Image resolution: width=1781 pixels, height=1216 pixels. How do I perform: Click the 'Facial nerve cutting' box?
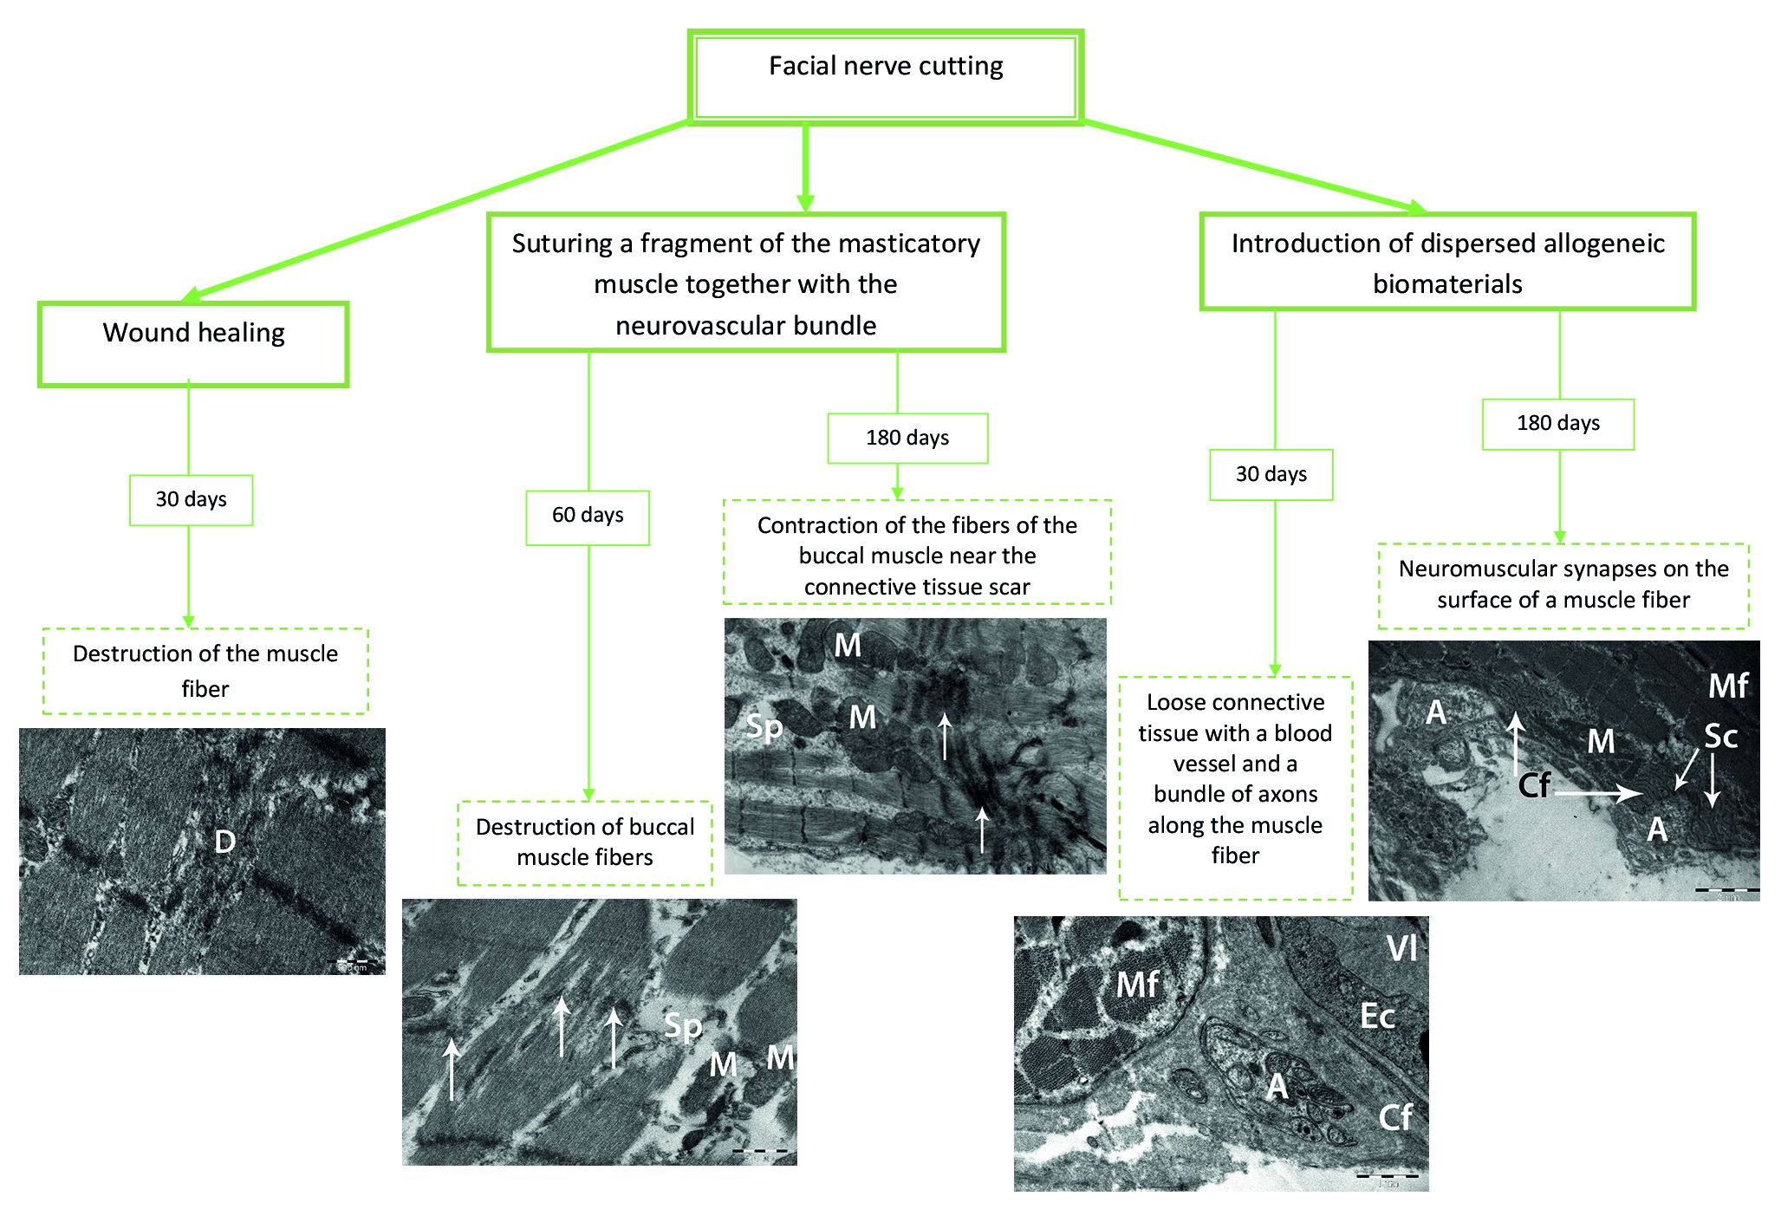point(886,77)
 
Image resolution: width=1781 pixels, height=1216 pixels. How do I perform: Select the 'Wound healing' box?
point(193,343)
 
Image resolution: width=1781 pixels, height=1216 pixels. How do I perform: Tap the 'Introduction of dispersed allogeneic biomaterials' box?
point(1447,262)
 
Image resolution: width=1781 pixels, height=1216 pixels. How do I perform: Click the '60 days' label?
point(588,517)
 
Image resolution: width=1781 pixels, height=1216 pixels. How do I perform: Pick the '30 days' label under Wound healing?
point(191,500)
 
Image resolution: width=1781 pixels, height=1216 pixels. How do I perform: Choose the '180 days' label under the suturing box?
point(907,439)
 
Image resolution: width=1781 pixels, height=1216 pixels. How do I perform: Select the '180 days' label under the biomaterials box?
point(1558,424)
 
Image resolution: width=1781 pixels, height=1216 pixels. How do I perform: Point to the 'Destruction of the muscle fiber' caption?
point(205,671)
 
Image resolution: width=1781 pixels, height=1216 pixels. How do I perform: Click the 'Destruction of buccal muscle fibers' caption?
point(585,842)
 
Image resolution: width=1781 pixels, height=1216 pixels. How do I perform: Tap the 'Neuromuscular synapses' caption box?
point(1563,585)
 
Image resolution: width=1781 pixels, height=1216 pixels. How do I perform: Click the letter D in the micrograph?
point(224,842)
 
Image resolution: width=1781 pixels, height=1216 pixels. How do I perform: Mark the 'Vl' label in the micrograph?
point(1401,950)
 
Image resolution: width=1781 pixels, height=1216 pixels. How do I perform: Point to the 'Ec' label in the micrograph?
point(1377,1016)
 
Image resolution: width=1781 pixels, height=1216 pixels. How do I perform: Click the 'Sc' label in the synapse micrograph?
point(1720,737)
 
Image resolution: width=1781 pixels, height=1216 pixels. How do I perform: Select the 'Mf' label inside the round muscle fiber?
point(1137,985)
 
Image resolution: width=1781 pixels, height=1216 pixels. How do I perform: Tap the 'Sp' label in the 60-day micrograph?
point(683,1026)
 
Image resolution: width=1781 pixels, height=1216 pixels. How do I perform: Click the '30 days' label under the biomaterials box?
point(1271,475)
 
